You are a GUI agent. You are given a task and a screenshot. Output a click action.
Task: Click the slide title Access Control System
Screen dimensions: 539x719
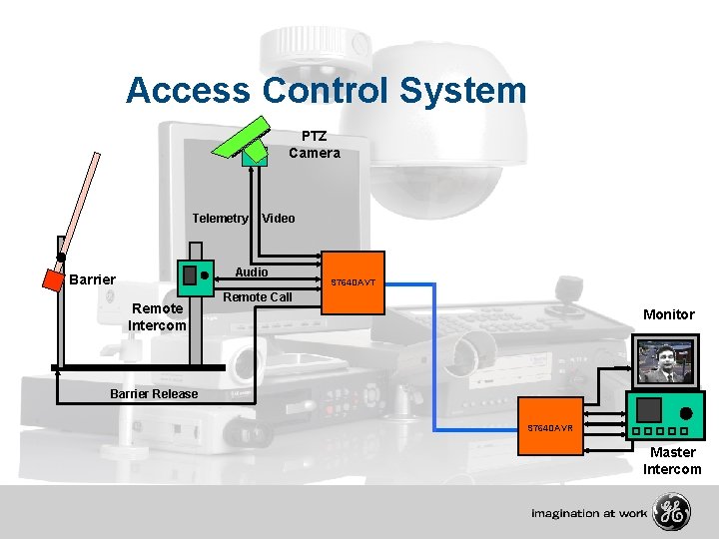tap(326, 91)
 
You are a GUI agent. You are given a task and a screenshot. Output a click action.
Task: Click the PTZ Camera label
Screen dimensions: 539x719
tap(314, 145)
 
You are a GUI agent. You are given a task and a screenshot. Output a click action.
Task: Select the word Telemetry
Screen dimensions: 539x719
tap(220, 219)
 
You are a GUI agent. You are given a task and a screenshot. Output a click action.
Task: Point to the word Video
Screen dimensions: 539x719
tap(279, 219)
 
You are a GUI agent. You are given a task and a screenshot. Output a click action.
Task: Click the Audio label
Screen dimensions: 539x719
tap(251, 272)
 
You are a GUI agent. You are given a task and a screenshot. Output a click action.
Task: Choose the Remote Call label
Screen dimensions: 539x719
tap(258, 296)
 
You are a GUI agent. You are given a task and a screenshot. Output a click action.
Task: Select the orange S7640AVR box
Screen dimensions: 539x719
tap(550, 427)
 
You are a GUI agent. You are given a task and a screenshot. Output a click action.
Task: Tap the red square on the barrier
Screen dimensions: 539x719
tap(53, 278)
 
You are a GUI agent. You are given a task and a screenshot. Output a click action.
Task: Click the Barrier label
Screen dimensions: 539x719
tap(92, 279)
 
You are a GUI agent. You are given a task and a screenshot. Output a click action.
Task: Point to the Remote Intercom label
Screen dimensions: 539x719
tap(157, 317)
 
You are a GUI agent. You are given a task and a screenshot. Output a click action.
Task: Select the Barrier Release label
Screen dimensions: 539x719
tap(154, 393)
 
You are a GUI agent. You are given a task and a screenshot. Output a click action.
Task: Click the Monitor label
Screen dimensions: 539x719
tap(668, 314)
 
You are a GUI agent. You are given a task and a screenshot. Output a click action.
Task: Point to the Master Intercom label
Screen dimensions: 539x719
tap(672, 461)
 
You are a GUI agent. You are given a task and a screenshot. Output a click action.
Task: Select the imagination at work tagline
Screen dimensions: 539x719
tap(588, 513)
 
